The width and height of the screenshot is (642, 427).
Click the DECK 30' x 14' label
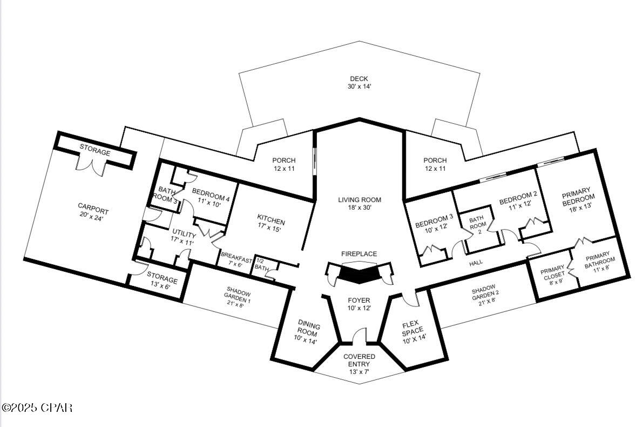pos(360,83)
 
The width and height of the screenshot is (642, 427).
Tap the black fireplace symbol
pos(359,273)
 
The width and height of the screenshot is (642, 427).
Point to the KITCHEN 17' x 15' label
pos(271,225)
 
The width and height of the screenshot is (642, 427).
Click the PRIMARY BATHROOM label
pos(598,262)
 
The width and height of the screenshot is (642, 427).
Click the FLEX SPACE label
pos(414,331)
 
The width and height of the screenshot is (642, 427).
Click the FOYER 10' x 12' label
pos(359,304)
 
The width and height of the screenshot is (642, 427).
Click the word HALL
pos(476,263)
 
